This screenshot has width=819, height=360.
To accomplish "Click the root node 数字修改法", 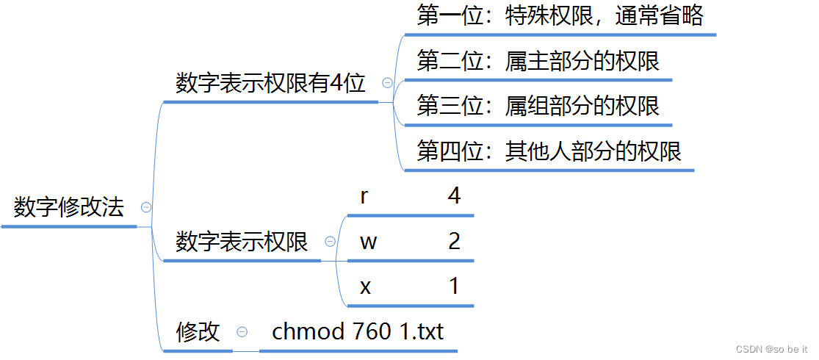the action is pyautogui.click(x=69, y=208).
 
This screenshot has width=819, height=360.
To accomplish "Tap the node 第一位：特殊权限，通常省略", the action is pyautogui.click(x=560, y=15).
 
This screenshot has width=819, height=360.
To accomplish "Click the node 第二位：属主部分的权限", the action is pyautogui.click(x=538, y=61).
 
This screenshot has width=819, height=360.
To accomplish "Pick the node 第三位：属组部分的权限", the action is pyautogui.click(x=538, y=107).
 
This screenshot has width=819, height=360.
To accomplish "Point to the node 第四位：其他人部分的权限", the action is pyautogui.click(x=549, y=151).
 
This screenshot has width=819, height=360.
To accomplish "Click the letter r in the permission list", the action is pyautogui.click(x=364, y=197).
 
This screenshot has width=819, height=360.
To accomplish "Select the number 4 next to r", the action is pyautogui.click(x=454, y=196).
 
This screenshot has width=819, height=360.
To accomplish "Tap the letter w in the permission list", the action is pyautogui.click(x=368, y=242).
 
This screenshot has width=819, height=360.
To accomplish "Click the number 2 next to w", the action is pyautogui.click(x=454, y=242).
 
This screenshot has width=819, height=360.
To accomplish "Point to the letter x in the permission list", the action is pyautogui.click(x=366, y=287).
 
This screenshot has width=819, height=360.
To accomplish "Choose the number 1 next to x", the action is pyautogui.click(x=454, y=287).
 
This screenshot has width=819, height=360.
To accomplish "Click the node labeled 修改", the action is pyautogui.click(x=198, y=332).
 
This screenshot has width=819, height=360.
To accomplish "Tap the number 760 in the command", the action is pyautogui.click(x=371, y=332).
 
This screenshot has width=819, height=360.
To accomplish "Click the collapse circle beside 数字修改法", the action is pyautogui.click(x=145, y=208).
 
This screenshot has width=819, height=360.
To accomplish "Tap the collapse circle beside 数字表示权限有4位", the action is pyautogui.click(x=387, y=84).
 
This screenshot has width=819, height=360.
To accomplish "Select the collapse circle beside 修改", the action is pyautogui.click(x=242, y=333).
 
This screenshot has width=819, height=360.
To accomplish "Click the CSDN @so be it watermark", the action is pyautogui.click(x=781, y=348).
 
